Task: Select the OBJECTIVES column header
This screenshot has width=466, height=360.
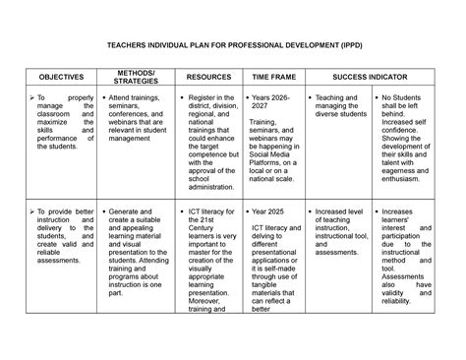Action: point(61,76)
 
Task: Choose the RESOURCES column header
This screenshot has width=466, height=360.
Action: point(208,76)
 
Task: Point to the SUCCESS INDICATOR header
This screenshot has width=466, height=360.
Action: point(369,76)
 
